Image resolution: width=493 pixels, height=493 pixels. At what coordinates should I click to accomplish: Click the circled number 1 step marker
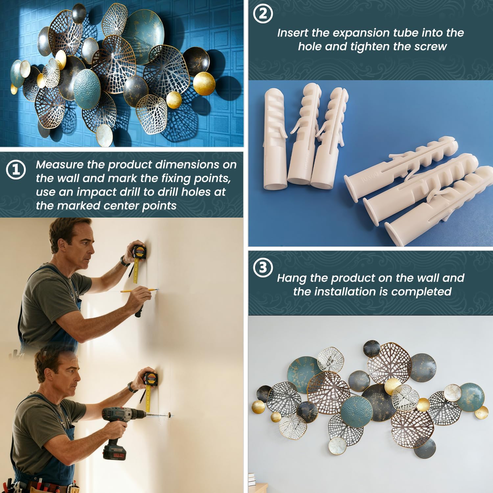point(16,170)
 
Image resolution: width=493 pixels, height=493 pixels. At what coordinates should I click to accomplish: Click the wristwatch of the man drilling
point(132,387)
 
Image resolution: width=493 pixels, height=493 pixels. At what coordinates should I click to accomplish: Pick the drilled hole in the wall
point(170,415)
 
